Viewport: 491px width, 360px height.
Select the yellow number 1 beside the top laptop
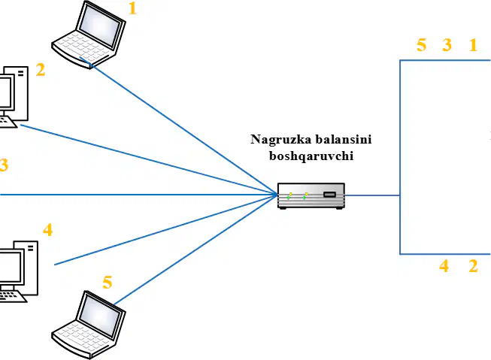[x=133, y=8]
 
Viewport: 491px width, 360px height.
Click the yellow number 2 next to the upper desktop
[x=41, y=70]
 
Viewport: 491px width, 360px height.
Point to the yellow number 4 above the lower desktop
[x=47, y=230]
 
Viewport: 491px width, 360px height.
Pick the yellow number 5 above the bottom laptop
[x=107, y=283]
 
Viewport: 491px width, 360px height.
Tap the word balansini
[x=343, y=139]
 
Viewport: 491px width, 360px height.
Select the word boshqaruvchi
[x=311, y=156]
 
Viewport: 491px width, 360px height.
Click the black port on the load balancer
[x=329, y=195]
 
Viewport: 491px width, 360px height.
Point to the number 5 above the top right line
[x=422, y=45]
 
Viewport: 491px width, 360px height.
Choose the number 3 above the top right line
[x=447, y=45]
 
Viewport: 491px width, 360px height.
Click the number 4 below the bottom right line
[x=444, y=266]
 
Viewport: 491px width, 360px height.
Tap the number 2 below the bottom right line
[x=473, y=266]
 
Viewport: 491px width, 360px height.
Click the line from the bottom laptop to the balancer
[x=195, y=250]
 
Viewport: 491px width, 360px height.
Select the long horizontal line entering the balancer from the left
[x=138, y=195]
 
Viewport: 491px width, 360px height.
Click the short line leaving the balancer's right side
[x=372, y=195]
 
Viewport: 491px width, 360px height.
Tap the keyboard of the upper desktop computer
[x=7, y=122]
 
